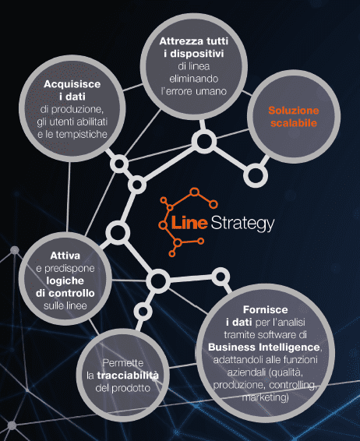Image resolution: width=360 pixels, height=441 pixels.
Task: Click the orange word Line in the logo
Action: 189,223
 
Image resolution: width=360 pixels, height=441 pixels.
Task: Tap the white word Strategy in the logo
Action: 242,224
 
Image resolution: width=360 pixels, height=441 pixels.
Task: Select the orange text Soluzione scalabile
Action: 294,117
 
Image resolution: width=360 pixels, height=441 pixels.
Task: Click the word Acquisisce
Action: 72,84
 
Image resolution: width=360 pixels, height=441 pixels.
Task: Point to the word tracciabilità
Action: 128,376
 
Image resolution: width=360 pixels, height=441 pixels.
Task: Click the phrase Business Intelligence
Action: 264,347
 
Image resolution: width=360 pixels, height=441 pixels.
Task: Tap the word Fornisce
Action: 265,309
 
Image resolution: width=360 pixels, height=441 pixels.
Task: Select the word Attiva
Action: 65,256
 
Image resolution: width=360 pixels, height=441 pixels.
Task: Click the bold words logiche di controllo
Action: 65,287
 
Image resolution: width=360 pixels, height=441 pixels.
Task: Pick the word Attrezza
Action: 178,41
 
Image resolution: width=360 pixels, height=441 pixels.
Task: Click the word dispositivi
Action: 196,54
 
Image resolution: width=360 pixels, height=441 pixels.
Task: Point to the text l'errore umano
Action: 194,91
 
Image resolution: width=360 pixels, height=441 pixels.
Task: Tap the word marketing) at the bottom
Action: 265,397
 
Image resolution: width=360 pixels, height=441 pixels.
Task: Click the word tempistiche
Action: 81,135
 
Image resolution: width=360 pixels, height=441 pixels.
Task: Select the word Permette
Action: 123,363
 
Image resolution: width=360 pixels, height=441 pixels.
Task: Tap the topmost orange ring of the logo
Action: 194,192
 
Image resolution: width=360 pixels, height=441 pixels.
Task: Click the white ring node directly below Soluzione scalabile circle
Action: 256,175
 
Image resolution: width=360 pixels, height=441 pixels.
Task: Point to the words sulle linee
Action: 65,305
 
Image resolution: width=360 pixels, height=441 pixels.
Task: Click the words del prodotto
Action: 123,388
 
